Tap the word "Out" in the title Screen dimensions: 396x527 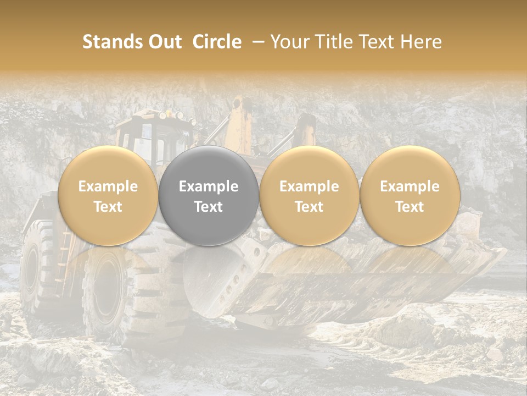[x=163, y=42]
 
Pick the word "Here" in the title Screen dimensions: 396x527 [x=421, y=42]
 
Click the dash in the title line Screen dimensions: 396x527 [x=256, y=42]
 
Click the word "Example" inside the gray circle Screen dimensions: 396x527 [x=209, y=186]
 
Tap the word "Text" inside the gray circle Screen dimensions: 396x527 [x=209, y=207]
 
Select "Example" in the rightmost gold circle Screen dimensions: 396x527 [x=410, y=186]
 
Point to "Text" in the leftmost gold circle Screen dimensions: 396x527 [x=108, y=207]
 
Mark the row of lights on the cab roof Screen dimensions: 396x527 [x=170, y=116]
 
